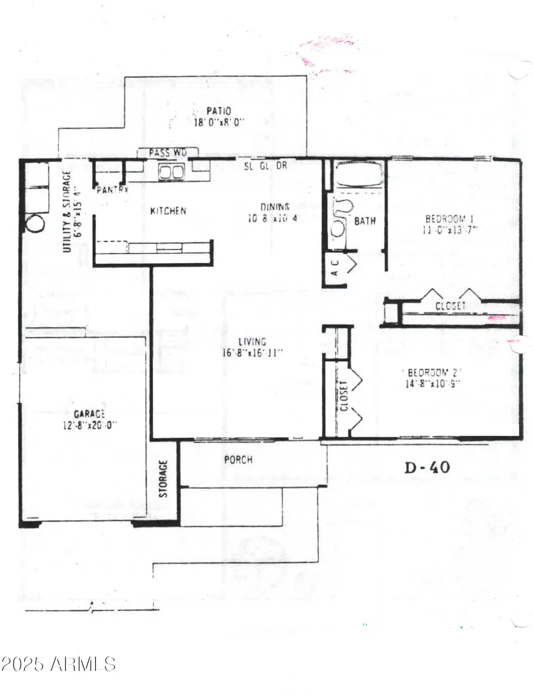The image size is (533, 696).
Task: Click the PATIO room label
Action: pyautogui.click(x=219, y=111)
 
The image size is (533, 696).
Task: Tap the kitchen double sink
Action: pyautogui.click(x=171, y=172)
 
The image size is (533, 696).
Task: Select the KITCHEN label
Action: pyautogui.click(x=168, y=211)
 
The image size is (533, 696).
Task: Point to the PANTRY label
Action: pyautogui.click(x=112, y=190)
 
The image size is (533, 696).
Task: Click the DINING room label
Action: pyautogui.click(x=275, y=207)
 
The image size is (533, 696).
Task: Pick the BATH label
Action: pyautogui.click(x=365, y=221)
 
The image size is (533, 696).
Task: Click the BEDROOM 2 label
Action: pyautogui.click(x=435, y=373)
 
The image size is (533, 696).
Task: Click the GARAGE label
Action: pyautogui.click(x=89, y=414)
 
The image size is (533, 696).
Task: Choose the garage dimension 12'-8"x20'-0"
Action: pyautogui.click(x=89, y=425)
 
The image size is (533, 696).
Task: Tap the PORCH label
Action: pyautogui.click(x=238, y=460)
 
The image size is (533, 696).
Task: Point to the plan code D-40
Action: pyautogui.click(x=427, y=467)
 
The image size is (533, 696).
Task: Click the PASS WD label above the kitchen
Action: pyautogui.click(x=168, y=153)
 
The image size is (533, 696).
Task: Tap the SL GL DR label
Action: pyautogui.click(x=266, y=166)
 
